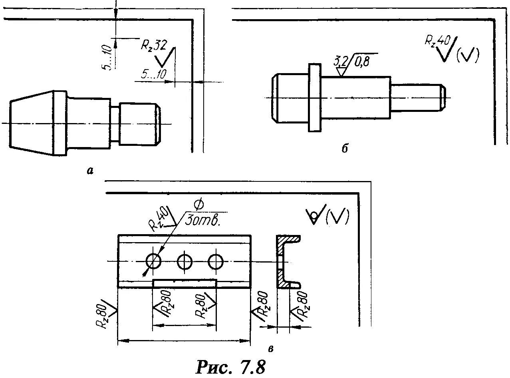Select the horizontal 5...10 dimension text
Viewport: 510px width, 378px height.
click(154, 74)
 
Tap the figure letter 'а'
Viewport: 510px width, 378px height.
click(90, 171)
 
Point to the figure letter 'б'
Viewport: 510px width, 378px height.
click(344, 148)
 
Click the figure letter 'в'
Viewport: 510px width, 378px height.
click(271, 349)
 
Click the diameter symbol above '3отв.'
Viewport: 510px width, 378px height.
click(199, 205)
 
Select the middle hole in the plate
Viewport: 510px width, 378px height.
click(185, 262)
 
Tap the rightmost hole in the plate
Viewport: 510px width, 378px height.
click(216, 262)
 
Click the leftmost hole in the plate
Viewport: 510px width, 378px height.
click(153, 262)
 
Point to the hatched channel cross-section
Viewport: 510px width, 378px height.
click(285, 261)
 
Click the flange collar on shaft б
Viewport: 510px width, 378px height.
click(315, 97)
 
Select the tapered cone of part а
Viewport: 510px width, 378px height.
click(31, 123)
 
